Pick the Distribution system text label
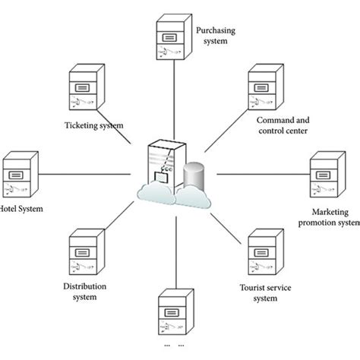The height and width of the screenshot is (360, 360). pos(84,292)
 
